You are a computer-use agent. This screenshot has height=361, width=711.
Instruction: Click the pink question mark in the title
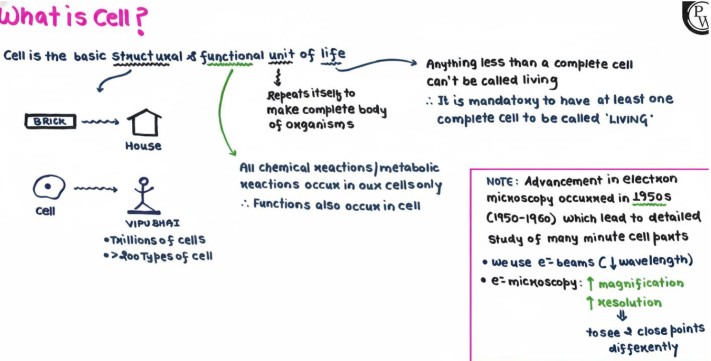tap(140, 20)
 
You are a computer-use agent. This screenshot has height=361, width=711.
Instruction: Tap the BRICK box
tap(51, 121)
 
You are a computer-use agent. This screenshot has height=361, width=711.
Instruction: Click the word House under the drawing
tap(143, 146)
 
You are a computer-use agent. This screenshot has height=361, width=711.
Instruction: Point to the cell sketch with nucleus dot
tap(49, 187)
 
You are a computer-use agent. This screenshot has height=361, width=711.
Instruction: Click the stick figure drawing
tap(143, 196)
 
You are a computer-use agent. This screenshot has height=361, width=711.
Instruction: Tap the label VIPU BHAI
tap(153, 223)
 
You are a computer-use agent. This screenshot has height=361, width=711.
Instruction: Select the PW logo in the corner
tap(697, 18)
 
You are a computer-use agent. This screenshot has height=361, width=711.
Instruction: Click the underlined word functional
tap(232, 56)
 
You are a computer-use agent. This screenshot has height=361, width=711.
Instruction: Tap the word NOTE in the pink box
tap(500, 182)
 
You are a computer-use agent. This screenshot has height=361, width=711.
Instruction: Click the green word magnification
tap(641, 283)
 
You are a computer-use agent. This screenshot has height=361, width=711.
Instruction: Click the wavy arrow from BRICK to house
tap(100, 121)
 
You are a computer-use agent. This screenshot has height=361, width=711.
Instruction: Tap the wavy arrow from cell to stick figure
tap(96, 189)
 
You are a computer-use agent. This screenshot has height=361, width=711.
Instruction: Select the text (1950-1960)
tap(521, 219)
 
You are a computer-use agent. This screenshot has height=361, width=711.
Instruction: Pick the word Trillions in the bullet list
tap(130, 241)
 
